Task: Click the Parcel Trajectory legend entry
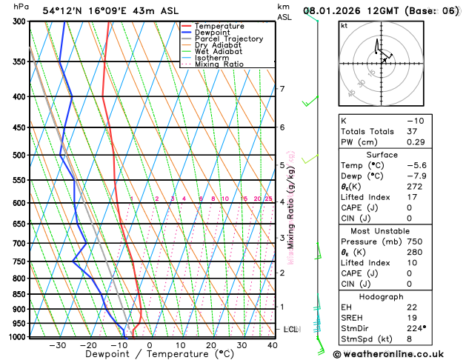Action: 228,39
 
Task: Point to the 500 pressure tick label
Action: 21,156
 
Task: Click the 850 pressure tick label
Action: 21,295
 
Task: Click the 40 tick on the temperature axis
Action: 273,344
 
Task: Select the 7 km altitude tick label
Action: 282,90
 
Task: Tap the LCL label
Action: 290,329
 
